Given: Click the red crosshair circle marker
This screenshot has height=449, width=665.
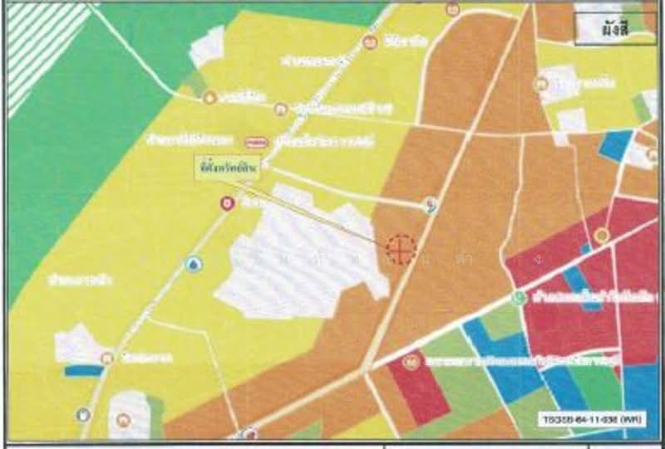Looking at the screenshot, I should (x=399, y=248).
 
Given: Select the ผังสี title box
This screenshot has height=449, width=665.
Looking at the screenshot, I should (x=614, y=28).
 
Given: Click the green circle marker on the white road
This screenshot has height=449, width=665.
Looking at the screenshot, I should (x=520, y=298).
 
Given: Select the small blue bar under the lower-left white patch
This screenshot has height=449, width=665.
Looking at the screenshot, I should (x=84, y=371).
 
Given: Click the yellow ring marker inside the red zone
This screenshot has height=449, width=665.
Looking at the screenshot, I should (x=601, y=236).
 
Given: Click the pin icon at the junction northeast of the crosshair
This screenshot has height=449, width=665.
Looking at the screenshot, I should (x=429, y=204).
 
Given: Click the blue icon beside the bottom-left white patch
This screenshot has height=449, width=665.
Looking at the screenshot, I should (x=83, y=414).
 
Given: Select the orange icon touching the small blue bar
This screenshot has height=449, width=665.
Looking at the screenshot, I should (x=107, y=359).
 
